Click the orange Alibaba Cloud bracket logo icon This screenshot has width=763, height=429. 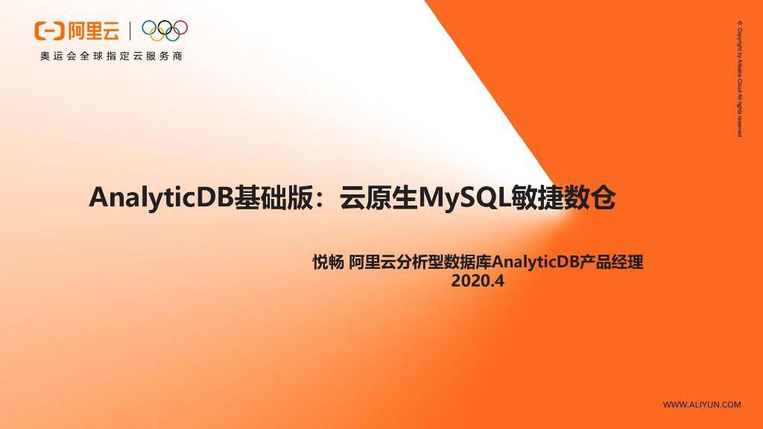pos(50,31)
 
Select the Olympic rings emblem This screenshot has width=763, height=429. pos(165,30)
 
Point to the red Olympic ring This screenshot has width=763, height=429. pos(180,27)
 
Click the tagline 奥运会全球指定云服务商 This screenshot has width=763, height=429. pos(112,57)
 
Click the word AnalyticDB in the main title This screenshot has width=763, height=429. pos(161,198)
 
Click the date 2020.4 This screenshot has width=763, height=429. pos(478,282)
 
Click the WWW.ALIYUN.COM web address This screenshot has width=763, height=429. pos(702,404)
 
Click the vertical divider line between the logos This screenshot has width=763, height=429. pos(131,31)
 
